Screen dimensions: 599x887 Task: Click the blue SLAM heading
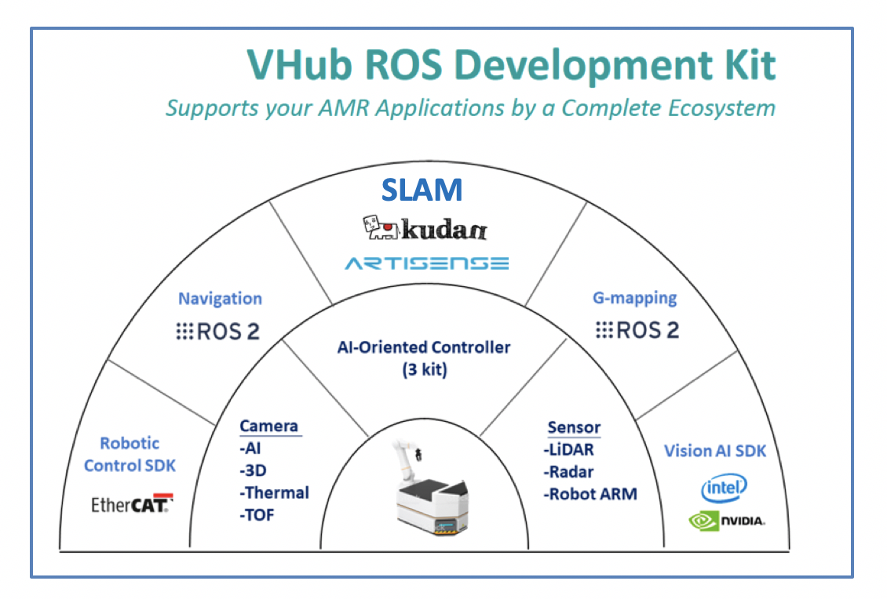[x=422, y=190]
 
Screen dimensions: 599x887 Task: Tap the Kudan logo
[x=425, y=229]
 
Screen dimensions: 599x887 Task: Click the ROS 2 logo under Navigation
[x=217, y=332]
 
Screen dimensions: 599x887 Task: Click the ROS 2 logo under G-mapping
[x=637, y=331]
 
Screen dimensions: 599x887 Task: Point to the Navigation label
[x=220, y=299]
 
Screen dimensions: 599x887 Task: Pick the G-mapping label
[x=634, y=299]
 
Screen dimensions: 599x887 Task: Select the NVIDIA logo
[x=726, y=520]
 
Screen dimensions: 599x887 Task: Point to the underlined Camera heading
[x=268, y=427]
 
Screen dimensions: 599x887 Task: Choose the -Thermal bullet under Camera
[x=274, y=493]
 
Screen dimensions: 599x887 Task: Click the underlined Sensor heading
[x=574, y=428]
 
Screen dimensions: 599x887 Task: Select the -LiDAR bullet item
[x=568, y=450]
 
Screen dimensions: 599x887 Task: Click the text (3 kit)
[x=424, y=369]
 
